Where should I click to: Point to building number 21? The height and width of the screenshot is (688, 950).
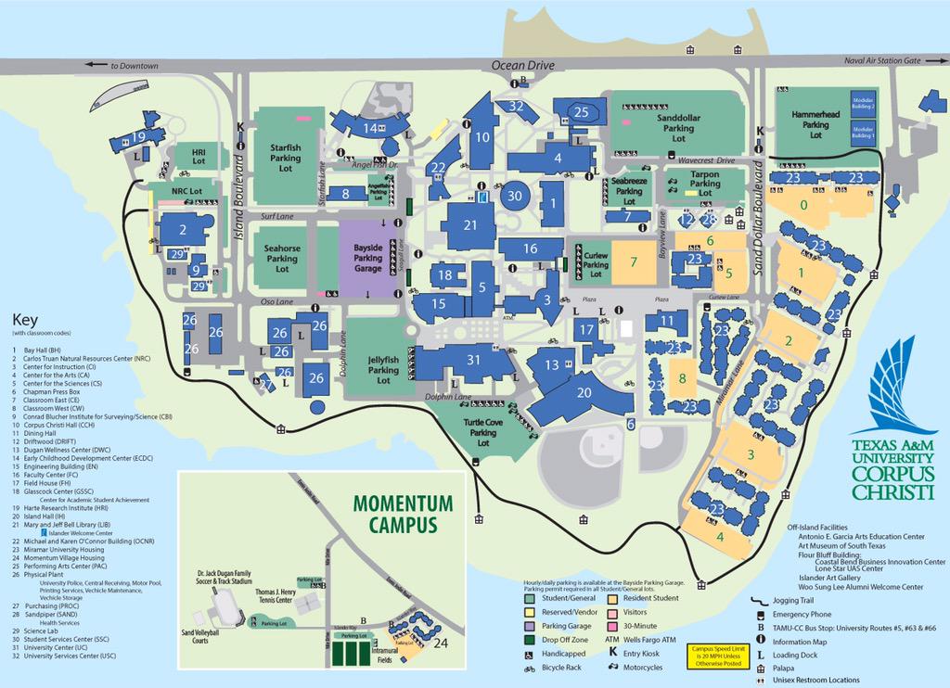(470, 225)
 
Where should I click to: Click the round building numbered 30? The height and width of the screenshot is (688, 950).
(516, 196)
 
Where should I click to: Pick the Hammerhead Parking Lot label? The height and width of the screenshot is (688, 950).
(815, 123)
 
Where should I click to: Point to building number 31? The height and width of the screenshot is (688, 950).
(474, 361)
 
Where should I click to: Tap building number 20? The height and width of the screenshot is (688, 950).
(584, 393)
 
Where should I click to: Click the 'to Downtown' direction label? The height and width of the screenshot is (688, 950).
(127, 66)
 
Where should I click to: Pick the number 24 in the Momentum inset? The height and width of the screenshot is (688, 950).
(441, 643)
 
